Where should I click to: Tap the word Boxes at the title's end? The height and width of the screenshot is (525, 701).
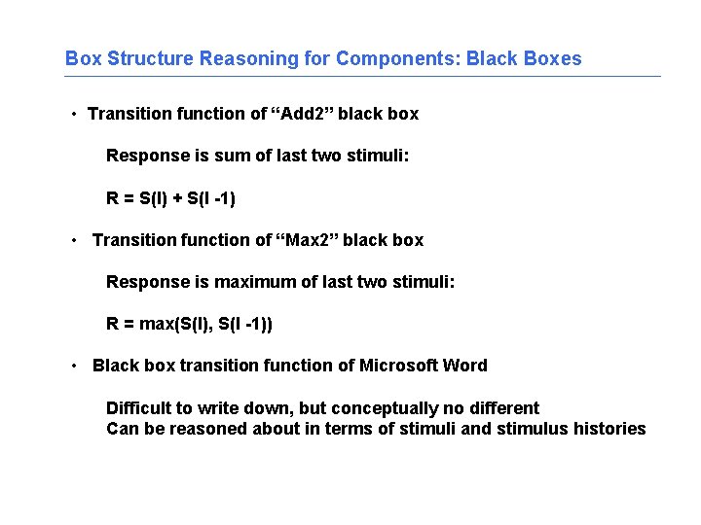pyautogui.click(x=551, y=58)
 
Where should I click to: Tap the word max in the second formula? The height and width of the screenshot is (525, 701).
pyautogui.click(x=156, y=324)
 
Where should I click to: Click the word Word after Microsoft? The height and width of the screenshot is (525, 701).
pyautogui.click(x=464, y=366)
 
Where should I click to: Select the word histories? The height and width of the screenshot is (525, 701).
pyautogui.click(x=609, y=429)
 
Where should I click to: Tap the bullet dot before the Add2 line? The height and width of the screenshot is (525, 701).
pyautogui.click(x=74, y=115)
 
